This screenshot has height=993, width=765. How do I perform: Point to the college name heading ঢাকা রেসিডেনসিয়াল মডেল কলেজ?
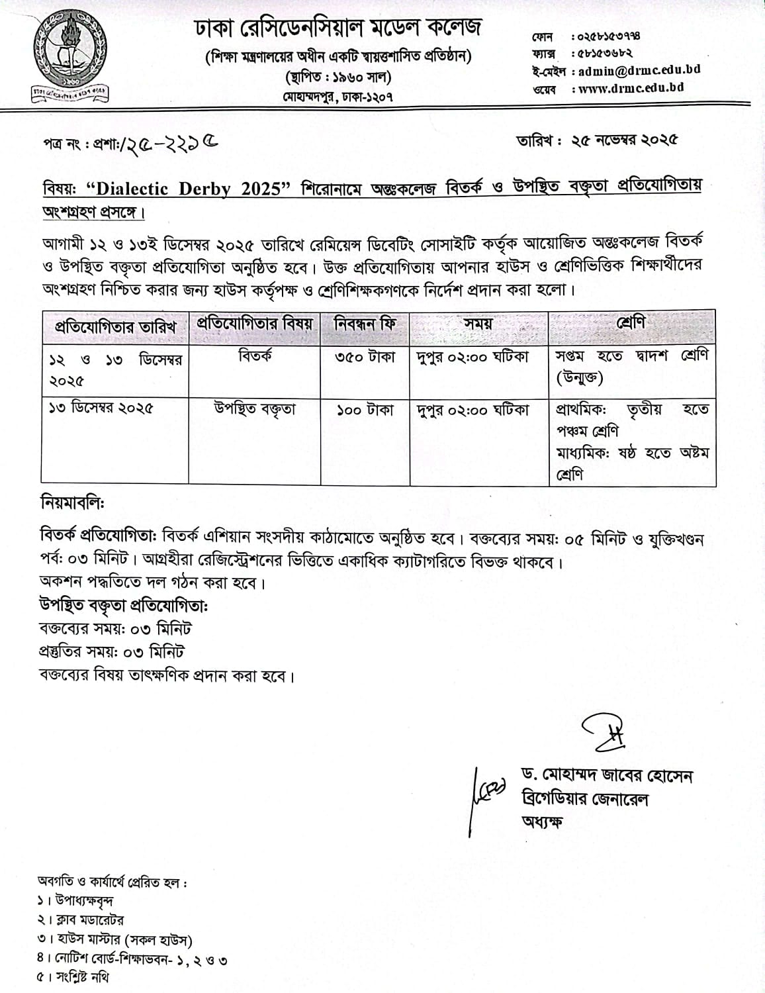point(337,28)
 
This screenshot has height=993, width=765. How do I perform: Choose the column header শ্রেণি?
point(631,324)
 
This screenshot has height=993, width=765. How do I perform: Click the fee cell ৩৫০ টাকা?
point(365,357)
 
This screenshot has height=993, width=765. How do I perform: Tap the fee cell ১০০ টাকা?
point(365,410)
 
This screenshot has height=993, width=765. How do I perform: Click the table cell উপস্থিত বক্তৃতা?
point(255,410)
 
